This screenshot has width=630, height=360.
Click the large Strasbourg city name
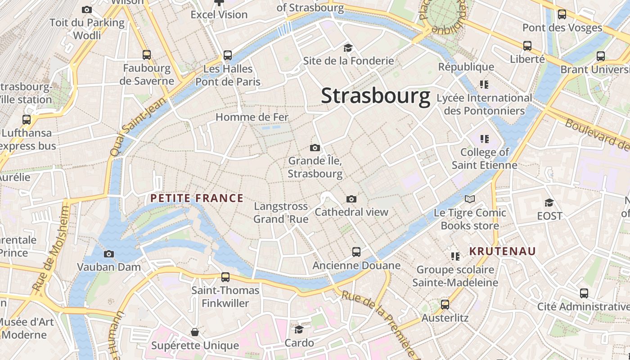375,96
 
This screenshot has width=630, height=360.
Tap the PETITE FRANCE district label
197,198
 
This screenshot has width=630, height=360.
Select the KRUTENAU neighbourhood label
503,251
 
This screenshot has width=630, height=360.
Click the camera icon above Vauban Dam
108,254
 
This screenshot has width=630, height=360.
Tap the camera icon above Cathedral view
351,199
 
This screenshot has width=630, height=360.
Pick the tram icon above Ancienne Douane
356,252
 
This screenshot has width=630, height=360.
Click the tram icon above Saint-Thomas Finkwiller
225,277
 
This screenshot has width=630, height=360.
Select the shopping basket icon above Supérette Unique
195,332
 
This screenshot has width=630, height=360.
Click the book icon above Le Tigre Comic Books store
470,199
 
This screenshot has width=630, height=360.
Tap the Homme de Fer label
252,117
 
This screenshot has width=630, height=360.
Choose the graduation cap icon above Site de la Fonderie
348,48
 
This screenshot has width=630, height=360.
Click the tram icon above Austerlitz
445,305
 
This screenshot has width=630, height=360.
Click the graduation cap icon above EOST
549,202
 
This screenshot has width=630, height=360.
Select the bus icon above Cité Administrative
584,293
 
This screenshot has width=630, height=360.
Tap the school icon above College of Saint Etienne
484,139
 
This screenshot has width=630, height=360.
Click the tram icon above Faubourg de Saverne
147,55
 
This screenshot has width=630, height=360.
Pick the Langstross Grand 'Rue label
281,212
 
